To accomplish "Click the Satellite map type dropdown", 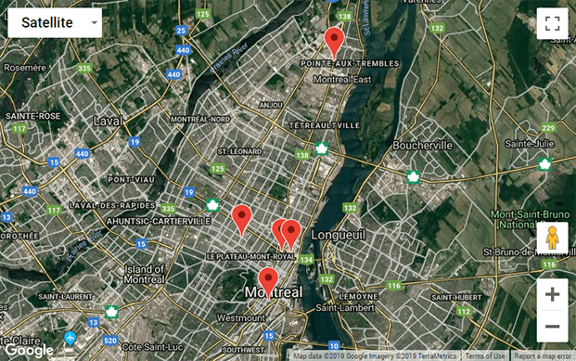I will [x=55, y=22].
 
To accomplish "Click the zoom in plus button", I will [x=552, y=295].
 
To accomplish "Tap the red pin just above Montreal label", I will [x=268, y=278].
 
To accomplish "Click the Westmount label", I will [x=240, y=317].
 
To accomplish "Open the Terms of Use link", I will [x=485, y=355].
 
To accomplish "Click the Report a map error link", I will [x=544, y=355].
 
